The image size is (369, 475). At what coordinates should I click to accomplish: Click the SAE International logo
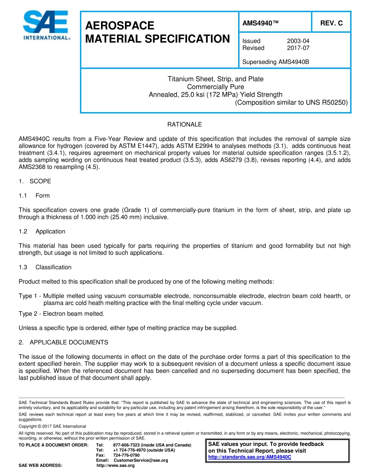45,26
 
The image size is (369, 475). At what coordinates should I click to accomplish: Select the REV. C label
331,23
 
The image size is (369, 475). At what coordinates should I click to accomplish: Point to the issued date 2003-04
298,41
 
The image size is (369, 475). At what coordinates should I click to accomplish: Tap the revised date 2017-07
298,48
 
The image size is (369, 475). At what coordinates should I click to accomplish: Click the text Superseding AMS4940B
275,62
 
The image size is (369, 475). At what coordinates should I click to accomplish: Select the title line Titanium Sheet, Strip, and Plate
215,79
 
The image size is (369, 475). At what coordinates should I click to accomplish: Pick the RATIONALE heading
184,125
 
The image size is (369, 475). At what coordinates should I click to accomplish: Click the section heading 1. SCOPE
35,181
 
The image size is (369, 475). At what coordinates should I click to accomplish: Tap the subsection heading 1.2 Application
42,231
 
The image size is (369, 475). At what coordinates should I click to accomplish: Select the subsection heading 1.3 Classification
45,267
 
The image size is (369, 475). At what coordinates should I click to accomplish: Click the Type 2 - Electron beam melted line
61,314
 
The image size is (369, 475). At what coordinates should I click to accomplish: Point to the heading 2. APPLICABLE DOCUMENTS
63,342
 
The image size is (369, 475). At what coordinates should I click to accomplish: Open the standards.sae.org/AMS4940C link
249,457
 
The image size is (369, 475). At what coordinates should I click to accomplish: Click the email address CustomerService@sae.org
141,460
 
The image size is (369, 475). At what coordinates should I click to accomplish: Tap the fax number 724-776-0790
126,455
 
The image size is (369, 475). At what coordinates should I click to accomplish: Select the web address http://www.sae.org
115,465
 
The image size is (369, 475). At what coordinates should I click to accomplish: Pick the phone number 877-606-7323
127,445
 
